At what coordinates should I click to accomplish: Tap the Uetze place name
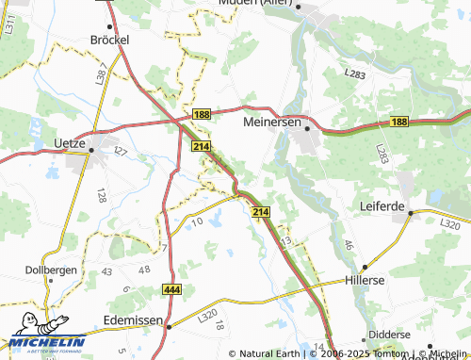pos(65,144)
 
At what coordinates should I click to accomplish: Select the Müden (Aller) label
pos(257,4)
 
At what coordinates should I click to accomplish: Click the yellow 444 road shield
pos(171,289)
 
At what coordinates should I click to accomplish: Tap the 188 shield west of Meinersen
pos(202,114)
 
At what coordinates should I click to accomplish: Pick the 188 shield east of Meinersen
pos(399,122)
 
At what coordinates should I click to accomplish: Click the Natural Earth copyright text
pos(268,353)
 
